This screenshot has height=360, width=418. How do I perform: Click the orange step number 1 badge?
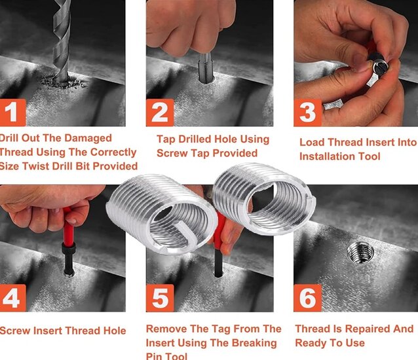12,112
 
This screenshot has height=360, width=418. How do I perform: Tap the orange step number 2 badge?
160,112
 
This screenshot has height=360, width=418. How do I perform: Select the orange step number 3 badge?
307,112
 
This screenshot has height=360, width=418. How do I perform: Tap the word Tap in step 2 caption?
166,139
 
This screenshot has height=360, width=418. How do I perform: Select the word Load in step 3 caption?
313,142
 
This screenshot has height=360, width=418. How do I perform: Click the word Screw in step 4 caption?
15,331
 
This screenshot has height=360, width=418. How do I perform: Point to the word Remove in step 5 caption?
165,329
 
